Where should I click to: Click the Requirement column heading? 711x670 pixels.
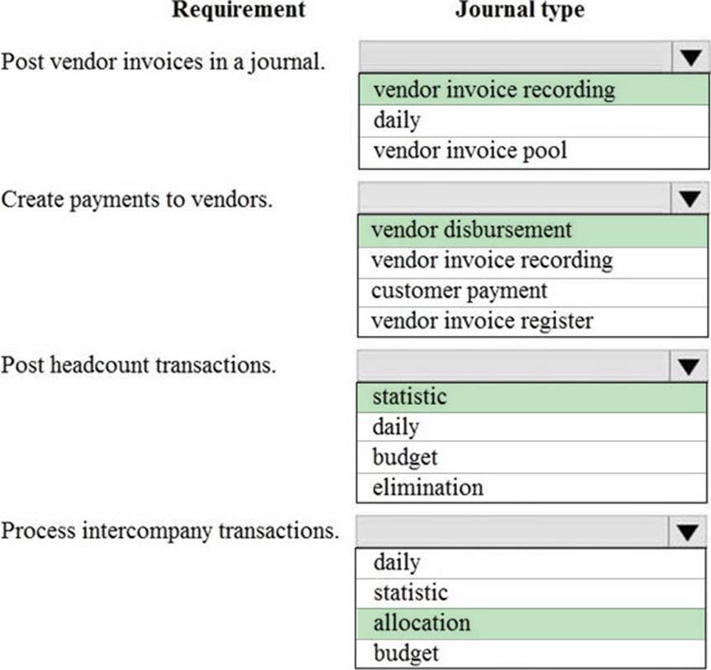tap(238, 9)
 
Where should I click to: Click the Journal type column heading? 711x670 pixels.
tap(520, 10)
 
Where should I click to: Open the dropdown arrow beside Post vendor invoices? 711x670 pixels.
tap(690, 57)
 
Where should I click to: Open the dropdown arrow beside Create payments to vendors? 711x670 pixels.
tap(690, 199)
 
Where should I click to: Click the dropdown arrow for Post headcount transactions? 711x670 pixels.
tap(689, 366)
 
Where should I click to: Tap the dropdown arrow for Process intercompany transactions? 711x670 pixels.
tap(687, 531)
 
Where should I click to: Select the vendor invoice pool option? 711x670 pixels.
tap(470, 151)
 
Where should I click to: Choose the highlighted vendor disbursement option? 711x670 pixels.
tap(471, 229)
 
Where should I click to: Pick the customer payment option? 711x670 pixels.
tap(460, 291)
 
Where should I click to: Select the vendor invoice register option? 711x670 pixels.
tap(482, 321)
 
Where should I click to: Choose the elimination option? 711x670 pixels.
tap(428, 488)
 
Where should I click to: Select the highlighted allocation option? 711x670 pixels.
tap(422, 623)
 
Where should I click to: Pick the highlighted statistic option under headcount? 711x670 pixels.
tap(409, 396)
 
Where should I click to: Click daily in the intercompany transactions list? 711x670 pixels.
tap(397, 563)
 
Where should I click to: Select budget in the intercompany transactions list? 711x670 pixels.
tap(406, 653)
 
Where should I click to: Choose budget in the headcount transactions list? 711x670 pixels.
tap(405, 457)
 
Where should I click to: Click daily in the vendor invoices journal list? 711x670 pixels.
tap(397, 120)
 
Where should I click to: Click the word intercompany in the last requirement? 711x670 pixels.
tap(147, 531)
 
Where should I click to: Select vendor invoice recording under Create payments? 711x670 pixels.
tap(492, 261)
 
